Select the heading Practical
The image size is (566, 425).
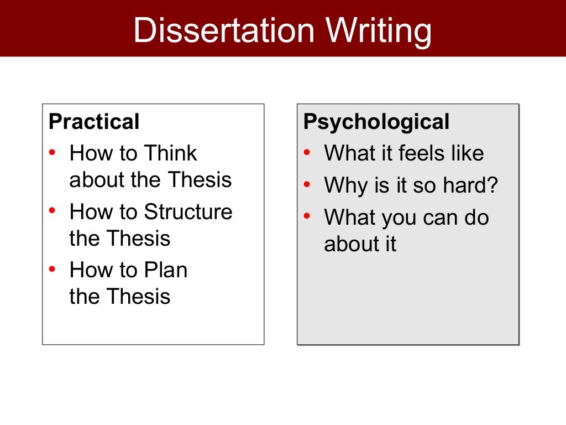pos(94,122)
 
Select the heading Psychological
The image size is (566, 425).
pos(376,122)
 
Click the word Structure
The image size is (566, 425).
pos(188,212)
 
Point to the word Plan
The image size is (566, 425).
pos(166,271)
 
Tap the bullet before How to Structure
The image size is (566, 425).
pos(52,211)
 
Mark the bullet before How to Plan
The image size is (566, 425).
pos(52,270)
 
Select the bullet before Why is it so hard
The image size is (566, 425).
pos(307,185)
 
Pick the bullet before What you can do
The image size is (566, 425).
pos(307,217)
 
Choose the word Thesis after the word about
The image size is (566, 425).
pos(200,180)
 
